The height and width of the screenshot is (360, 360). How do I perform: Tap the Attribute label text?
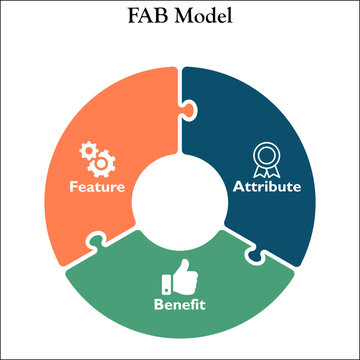point(266,186)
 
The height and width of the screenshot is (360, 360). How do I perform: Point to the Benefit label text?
point(180,303)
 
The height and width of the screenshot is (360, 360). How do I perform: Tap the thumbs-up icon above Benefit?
point(180,275)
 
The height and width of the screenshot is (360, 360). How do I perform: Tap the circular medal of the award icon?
point(265,153)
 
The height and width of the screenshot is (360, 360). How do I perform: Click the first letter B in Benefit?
point(157,303)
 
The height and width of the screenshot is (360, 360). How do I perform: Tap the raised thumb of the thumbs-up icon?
point(183,266)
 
